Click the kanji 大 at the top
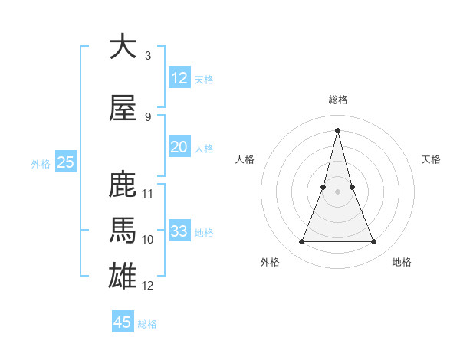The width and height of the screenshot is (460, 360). (123, 47)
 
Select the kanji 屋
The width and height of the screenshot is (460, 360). (123, 108)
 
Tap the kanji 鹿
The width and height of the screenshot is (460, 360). (123, 185)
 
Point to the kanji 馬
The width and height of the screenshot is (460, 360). (123, 231)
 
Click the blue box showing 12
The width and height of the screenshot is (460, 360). (179, 78)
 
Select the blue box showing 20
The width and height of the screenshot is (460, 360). (179, 147)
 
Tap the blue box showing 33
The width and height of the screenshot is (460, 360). (179, 231)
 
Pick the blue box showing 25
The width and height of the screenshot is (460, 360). (65, 162)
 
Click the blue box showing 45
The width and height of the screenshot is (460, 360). (123, 322)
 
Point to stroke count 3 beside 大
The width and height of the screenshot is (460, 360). (148, 56)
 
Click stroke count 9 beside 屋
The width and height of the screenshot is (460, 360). (148, 117)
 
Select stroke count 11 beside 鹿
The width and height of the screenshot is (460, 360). (148, 194)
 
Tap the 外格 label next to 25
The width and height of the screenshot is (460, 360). (41, 163)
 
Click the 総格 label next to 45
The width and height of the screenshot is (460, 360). (147, 324)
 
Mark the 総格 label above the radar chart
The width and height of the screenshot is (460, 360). (338, 100)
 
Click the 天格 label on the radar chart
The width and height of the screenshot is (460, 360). (432, 159)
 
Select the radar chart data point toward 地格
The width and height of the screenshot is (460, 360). (374, 242)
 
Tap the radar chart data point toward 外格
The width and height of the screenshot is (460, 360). (301, 242)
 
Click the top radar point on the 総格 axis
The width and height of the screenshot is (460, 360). (338, 129)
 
